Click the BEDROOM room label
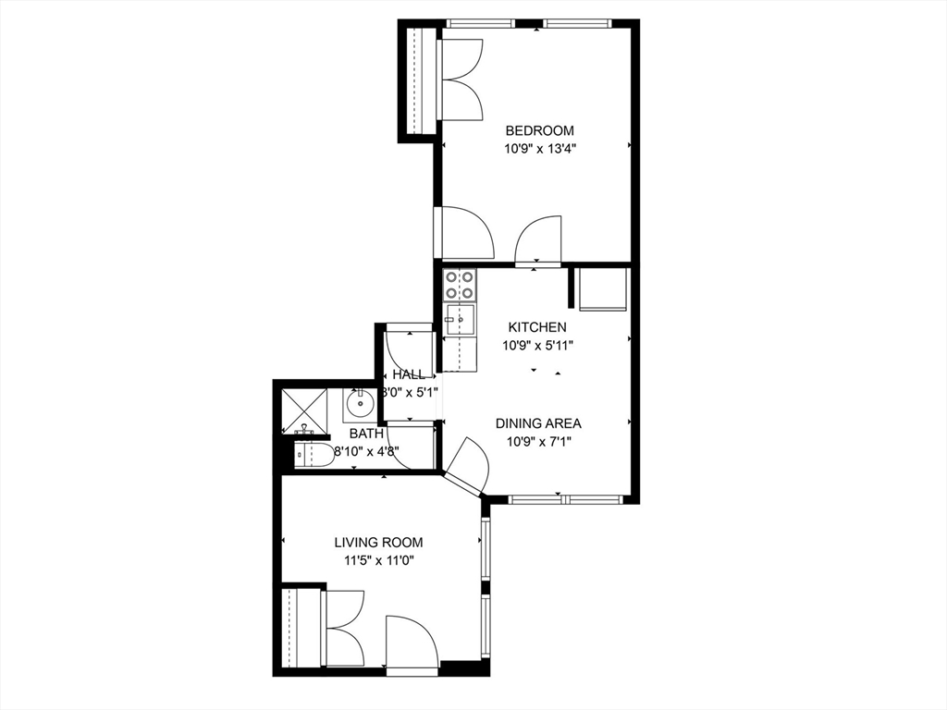(539, 130)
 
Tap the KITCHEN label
(537, 327)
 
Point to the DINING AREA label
(538, 423)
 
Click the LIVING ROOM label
(378, 543)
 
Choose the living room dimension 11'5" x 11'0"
(378, 560)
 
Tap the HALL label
(409, 374)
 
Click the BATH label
(366, 433)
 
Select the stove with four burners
(460, 285)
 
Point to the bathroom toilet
(314, 454)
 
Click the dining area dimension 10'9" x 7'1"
(538, 441)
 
